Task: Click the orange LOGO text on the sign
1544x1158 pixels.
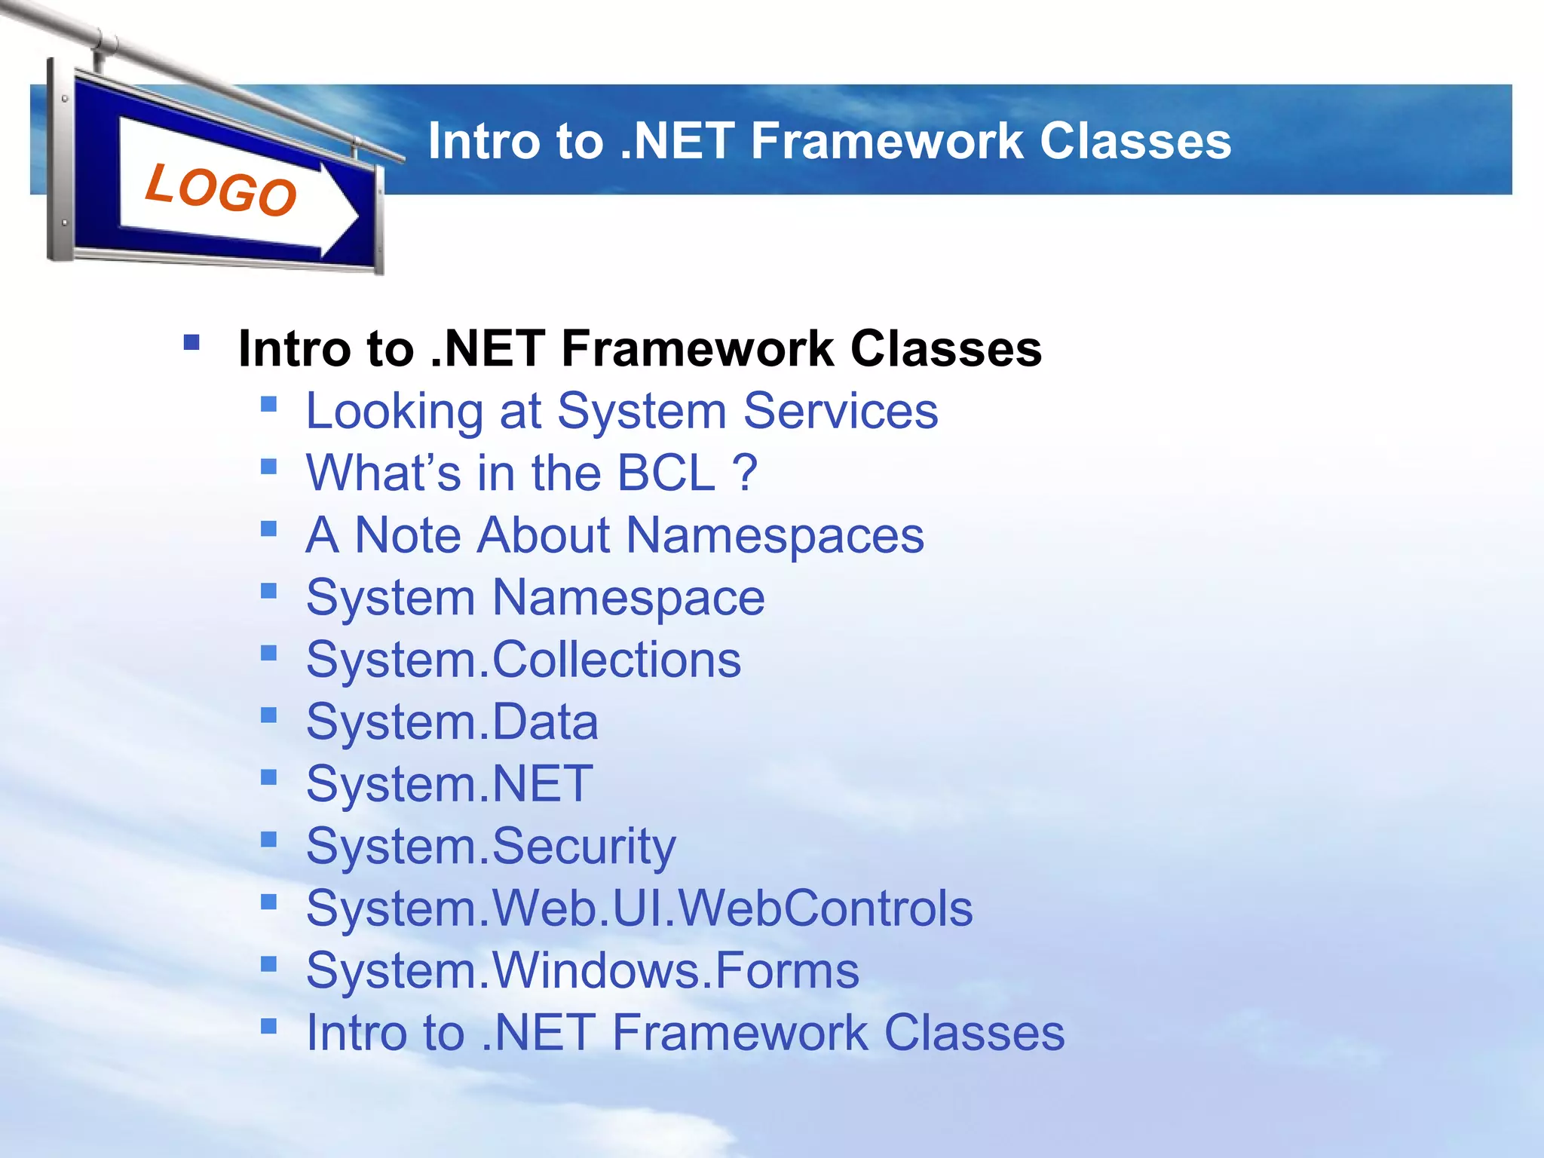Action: pos(221,189)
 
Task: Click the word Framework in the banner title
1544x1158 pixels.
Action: pos(887,141)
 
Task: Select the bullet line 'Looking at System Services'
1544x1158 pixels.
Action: pos(621,411)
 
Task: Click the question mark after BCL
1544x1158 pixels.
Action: pos(744,473)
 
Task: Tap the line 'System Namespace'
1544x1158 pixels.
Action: pos(535,598)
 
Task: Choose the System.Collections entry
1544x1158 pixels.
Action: pos(523,660)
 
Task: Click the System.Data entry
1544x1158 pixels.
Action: pos(452,722)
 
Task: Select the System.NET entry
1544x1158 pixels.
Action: pos(449,784)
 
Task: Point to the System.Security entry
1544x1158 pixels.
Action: pos(491,846)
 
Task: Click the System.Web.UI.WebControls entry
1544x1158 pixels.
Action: pos(639,908)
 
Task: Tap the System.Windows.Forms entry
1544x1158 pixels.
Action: pos(582,970)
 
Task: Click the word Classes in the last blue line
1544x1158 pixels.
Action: pos(973,1032)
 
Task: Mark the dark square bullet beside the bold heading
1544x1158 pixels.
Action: pos(191,343)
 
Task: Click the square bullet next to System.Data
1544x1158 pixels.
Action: pos(268,715)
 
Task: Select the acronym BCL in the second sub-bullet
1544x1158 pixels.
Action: pos(665,473)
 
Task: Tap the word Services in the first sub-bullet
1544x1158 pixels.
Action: pos(840,411)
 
